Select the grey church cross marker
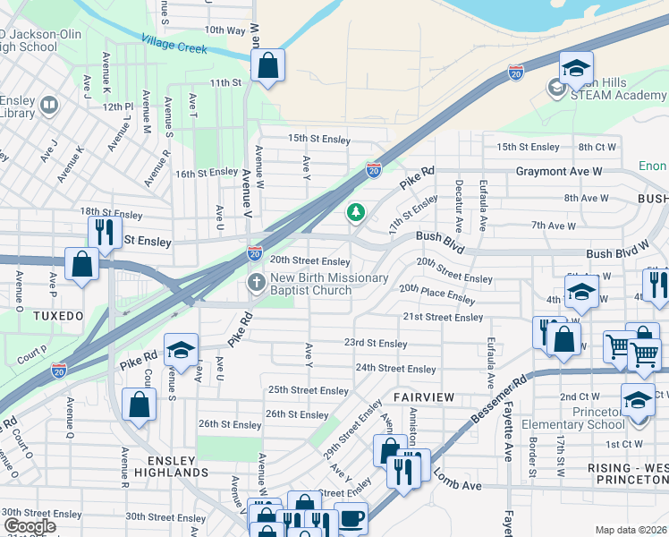coord(255,283)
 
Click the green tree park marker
coord(356,212)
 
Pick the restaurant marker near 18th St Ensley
coord(106,232)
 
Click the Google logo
coord(29,526)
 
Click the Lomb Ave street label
coord(457,484)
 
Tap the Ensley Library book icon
coord(49,106)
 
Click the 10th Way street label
coord(224,30)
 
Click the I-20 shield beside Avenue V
coord(255,254)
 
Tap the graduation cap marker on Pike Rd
coord(181,349)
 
